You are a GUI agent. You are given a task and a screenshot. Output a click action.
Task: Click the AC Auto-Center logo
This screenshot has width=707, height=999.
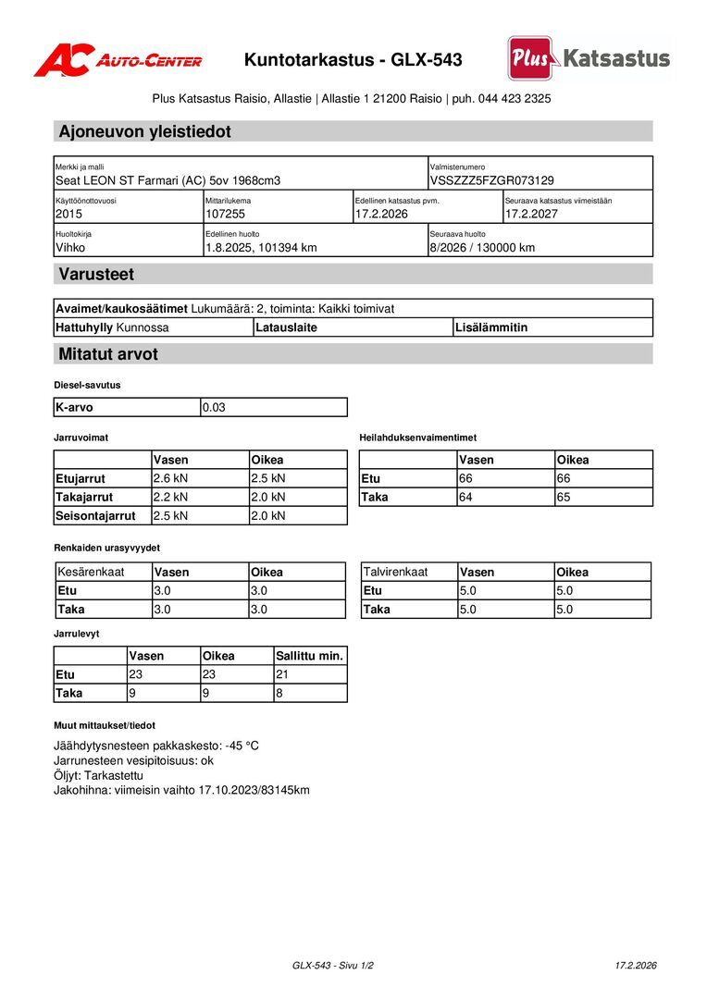click(x=118, y=60)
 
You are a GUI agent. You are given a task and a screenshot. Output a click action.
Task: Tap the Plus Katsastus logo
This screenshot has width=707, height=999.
click(x=589, y=58)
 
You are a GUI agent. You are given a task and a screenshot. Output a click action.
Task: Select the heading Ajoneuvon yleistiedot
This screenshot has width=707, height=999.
click(x=145, y=131)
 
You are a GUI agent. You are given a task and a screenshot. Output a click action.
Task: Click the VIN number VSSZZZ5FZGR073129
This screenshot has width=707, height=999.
click(x=491, y=180)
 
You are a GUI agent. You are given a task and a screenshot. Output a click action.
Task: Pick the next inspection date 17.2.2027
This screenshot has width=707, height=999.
click(x=532, y=214)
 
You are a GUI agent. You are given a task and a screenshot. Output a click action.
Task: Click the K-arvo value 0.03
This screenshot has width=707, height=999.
click(x=214, y=407)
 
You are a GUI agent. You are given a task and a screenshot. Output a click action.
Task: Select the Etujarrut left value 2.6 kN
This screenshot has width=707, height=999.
click(x=170, y=478)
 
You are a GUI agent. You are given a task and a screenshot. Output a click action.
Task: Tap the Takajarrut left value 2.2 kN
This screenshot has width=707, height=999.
click(x=170, y=497)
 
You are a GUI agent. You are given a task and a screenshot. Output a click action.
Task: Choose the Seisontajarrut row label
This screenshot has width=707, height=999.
click(x=95, y=515)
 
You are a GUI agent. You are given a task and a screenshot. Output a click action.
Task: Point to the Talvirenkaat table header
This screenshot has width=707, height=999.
click(x=396, y=572)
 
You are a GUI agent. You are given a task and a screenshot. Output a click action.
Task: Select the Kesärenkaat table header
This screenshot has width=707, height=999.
click(x=91, y=572)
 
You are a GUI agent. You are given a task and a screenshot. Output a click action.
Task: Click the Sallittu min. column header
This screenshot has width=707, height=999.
click(x=310, y=656)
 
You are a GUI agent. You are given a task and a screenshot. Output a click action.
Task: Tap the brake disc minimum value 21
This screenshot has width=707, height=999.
click(x=283, y=674)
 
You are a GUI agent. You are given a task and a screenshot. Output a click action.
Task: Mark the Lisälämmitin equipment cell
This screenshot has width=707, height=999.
click(x=490, y=327)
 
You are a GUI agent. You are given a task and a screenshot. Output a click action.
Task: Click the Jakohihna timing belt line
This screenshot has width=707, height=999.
click(x=181, y=790)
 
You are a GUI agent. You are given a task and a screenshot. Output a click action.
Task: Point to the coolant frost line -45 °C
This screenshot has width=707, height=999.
click(x=156, y=746)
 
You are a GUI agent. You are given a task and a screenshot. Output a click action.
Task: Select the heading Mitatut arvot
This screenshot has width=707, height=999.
click(x=108, y=353)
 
